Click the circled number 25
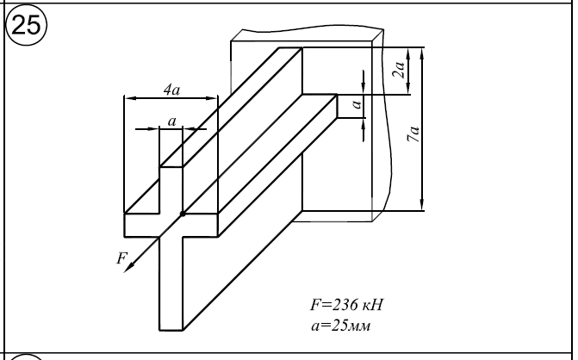point(27,25)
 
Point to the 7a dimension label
point(415,133)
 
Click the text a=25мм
point(339,324)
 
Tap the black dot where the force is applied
point(182,213)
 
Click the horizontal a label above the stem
point(172,121)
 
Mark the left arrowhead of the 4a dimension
point(128,98)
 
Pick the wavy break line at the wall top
point(306,33)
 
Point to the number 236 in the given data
point(342,306)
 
